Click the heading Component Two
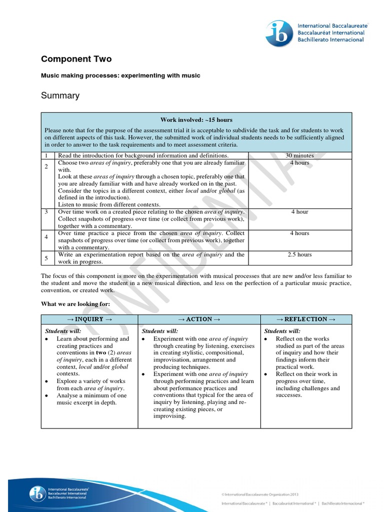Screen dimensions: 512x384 coord(76,59)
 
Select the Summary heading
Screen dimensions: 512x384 coord(60,95)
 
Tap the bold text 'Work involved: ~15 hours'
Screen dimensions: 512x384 coord(196,120)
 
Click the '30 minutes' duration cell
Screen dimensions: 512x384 coord(299,155)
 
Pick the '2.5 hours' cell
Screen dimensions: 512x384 coord(299,254)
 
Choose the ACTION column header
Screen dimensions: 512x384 coord(199,319)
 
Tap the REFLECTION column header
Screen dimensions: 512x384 coord(305,319)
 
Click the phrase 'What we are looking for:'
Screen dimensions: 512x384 coord(75,303)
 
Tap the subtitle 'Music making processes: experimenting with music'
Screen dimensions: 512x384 coord(120,75)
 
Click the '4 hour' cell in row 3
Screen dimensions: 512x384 coord(299,211)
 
